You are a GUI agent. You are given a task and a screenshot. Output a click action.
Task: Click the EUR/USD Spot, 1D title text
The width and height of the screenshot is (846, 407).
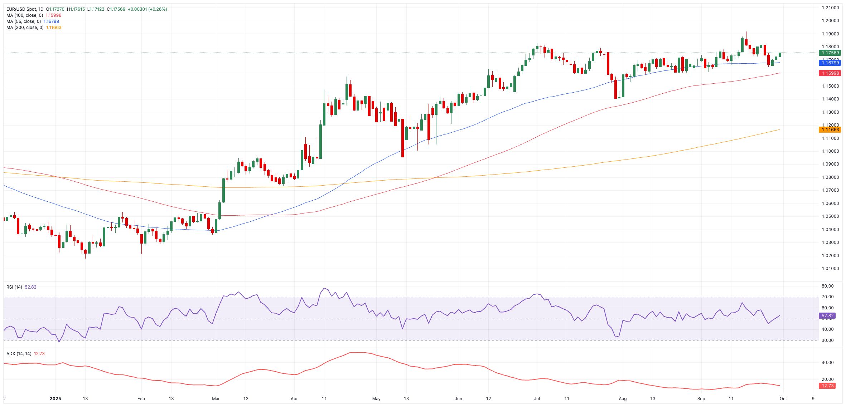(x=25, y=9)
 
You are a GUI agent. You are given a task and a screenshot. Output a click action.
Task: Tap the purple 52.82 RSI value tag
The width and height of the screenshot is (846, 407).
(x=827, y=316)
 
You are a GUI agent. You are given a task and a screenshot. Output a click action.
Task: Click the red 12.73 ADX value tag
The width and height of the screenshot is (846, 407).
(x=827, y=386)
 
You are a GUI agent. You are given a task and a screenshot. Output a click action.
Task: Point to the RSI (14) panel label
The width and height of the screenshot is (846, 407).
(x=14, y=287)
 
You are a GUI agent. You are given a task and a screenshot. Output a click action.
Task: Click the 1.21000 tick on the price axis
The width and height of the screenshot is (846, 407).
(x=830, y=8)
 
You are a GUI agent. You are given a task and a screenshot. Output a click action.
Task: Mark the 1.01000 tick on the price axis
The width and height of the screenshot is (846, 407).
(x=830, y=269)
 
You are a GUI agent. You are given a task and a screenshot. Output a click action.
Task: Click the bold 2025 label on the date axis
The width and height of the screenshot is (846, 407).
(x=55, y=399)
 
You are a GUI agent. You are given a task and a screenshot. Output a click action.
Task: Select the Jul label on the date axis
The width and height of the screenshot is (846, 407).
(x=537, y=399)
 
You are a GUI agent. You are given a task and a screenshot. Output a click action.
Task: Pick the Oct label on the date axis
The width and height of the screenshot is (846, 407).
(x=783, y=399)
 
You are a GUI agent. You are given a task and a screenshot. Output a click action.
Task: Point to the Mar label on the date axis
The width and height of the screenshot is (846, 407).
(x=216, y=399)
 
